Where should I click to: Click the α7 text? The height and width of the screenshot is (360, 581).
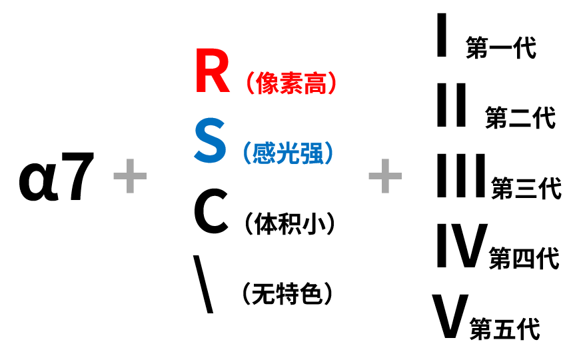click(57, 179)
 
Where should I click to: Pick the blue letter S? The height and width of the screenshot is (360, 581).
click(211, 143)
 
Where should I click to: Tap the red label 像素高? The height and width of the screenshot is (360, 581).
click(289, 83)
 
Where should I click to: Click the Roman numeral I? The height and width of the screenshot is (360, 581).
click(441, 37)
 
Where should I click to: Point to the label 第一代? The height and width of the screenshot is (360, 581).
click(501, 49)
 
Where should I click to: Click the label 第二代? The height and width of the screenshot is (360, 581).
click(520, 118)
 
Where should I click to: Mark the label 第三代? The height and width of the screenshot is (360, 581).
click(526, 188)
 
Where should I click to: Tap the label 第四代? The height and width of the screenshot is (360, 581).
click(524, 258)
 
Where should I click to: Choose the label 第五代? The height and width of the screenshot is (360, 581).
click(504, 329)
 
